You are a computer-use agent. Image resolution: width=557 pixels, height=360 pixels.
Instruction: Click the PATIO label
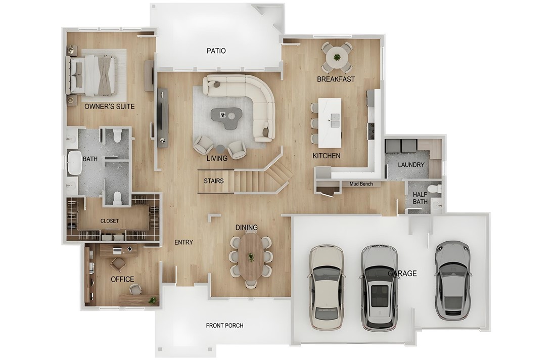[x=216, y=51]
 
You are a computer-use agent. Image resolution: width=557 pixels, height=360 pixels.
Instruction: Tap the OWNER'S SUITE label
[x=109, y=107]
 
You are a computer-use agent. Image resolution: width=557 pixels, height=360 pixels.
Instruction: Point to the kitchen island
[x=333, y=120]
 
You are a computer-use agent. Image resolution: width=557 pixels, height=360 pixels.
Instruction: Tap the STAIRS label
[x=213, y=181]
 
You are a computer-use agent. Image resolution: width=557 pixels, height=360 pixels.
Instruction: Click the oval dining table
[x=251, y=257]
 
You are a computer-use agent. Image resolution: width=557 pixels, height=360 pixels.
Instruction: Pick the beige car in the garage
[x=326, y=287]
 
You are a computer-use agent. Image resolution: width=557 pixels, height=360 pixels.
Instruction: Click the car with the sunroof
[x=380, y=287]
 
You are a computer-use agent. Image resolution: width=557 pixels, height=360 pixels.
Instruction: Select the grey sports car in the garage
[x=452, y=280]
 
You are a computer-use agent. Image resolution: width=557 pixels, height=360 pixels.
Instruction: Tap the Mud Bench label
[x=361, y=184]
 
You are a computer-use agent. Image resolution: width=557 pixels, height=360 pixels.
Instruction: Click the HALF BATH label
[x=420, y=198]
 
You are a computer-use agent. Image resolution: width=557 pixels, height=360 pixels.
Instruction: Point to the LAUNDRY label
[x=411, y=165]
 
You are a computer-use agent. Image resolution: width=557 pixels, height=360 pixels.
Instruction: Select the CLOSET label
[x=110, y=221]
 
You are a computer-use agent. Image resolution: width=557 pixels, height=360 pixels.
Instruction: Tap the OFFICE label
[x=122, y=279]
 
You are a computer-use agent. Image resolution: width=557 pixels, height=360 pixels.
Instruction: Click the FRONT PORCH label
[x=224, y=325]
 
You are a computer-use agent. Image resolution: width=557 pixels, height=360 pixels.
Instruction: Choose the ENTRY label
[x=183, y=242]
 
